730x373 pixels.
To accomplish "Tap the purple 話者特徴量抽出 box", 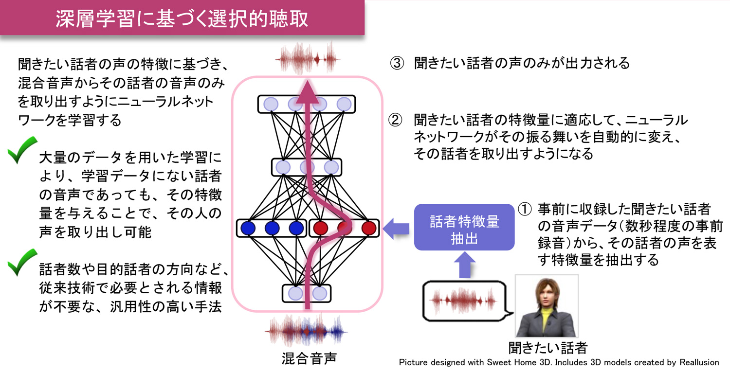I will [464, 228].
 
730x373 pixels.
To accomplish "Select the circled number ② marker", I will [395, 120].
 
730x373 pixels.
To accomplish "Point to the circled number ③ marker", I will [397, 63].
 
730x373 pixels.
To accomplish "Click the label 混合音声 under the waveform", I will [309, 359].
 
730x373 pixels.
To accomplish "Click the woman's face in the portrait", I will [545, 297].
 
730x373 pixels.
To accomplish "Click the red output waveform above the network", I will [307, 60].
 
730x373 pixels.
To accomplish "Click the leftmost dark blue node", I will [248, 228].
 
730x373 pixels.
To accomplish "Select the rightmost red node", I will [369, 228].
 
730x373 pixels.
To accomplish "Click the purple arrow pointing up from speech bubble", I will [464, 265].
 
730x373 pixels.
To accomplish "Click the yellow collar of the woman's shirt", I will [546, 317].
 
